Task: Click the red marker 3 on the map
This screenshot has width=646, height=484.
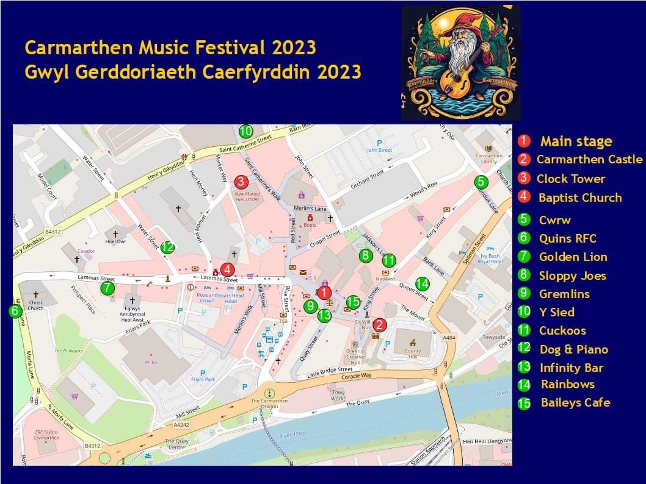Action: click(241, 182)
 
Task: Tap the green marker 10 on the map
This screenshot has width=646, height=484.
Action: click(245, 131)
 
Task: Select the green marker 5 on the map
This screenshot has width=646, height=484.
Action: click(481, 182)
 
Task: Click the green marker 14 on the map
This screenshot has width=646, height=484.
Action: click(422, 283)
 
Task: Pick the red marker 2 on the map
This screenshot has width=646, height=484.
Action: click(379, 325)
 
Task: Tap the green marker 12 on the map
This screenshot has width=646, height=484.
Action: click(168, 247)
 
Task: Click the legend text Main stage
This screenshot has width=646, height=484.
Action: click(576, 142)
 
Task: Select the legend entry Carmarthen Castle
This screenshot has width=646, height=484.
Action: click(589, 160)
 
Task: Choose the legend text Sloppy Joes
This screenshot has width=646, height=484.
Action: click(572, 276)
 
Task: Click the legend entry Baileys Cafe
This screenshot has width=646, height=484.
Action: click(575, 403)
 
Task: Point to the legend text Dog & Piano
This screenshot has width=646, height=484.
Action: click(573, 350)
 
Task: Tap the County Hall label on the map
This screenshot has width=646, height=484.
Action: click(413, 352)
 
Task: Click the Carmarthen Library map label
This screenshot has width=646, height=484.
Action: click(489, 158)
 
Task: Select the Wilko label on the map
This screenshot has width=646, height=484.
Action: click(151, 362)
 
